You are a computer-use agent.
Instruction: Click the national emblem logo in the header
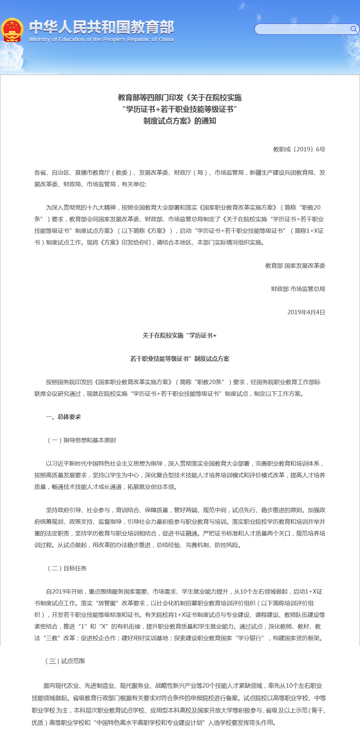click(x=12, y=30)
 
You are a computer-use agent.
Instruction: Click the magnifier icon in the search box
click(x=353, y=29)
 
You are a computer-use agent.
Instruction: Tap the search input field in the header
click(x=302, y=29)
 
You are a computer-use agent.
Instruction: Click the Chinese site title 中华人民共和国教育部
click(x=101, y=27)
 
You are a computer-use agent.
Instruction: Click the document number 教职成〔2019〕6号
click(x=299, y=149)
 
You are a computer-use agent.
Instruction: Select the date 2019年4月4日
click(x=306, y=312)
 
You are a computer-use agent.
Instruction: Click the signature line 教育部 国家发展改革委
click(x=295, y=265)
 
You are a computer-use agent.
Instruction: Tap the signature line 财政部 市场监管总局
click(x=298, y=289)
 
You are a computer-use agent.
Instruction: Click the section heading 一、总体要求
click(x=63, y=417)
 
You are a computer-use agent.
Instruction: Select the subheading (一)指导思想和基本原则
click(x=81, y=440)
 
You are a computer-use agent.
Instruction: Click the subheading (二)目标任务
click(x=67, y=568)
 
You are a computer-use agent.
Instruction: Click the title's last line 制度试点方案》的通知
click(x=180, y=121)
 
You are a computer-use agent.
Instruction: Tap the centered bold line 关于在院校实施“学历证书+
click(x=180, y=335)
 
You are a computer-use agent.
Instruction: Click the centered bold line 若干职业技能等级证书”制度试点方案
click(x=180, y=359)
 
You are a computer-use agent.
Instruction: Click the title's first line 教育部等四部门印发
click(x=150, y=97)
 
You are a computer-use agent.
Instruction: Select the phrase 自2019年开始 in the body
click(x=64, y=591)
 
